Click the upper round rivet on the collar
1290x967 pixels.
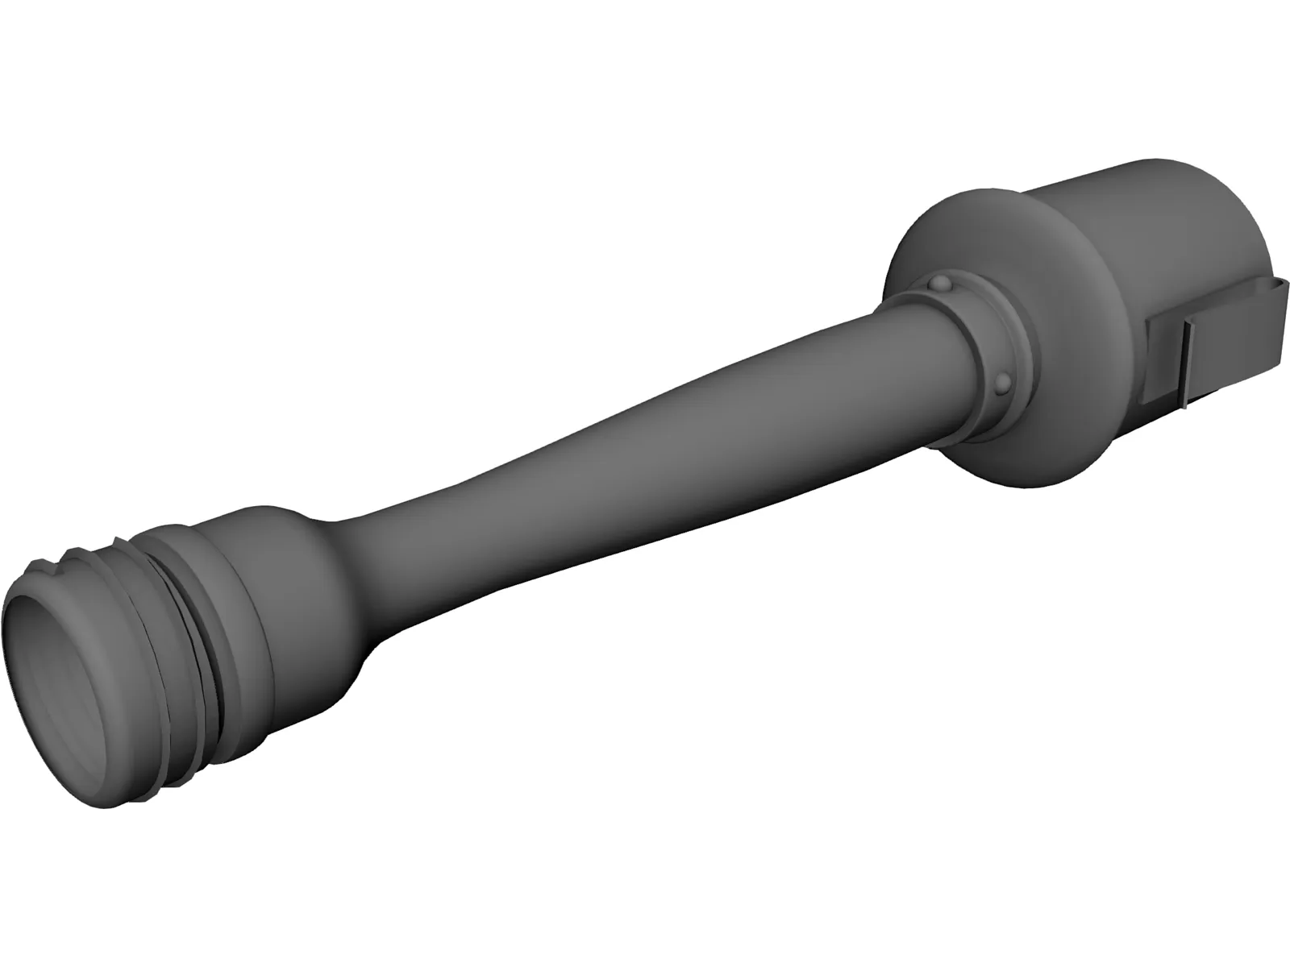940,284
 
